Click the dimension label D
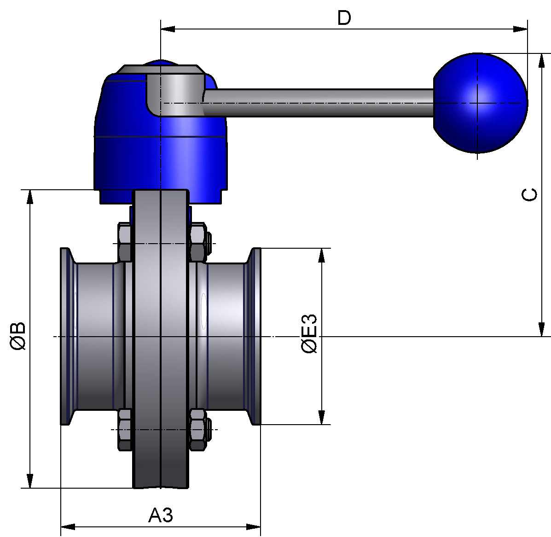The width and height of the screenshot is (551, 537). coord(344,18)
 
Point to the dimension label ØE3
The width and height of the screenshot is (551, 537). coord(309,334)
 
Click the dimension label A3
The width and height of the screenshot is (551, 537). coord(161,515)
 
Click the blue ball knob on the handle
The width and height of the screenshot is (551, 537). coord(480,103)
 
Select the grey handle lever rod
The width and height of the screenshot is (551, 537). coord(318,102)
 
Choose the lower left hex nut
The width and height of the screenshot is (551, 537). coord(125,429)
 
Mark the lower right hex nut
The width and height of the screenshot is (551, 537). coord(197,429)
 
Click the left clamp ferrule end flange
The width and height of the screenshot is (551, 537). coord(66,336)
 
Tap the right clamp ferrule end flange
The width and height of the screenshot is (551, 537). coord(255,336)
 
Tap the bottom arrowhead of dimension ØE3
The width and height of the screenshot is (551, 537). coord(322,417)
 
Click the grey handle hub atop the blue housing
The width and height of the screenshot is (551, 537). coord(175,90)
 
